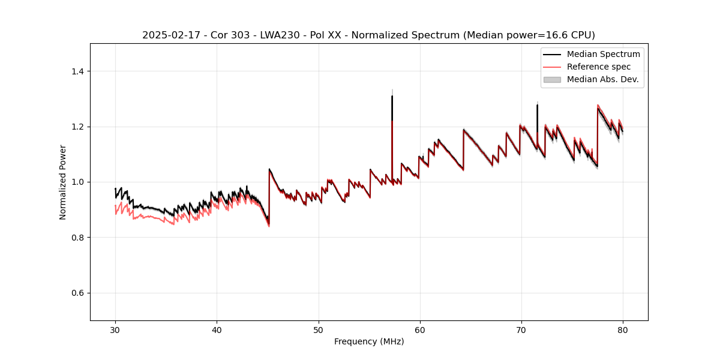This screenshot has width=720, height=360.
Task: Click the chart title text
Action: coord(368,35)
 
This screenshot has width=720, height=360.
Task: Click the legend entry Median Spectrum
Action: coord(603,54)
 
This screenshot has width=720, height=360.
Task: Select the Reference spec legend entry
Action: coord(598,67)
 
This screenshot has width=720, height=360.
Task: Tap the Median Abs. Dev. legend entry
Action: coord(602,79)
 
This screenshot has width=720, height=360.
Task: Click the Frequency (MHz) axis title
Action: coord(369,341)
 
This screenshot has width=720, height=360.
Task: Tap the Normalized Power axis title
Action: coord(63,182)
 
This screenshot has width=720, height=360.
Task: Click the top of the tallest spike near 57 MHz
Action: coord(392,96)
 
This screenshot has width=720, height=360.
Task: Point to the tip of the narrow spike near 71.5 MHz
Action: coord(537,105)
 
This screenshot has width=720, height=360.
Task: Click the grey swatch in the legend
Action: coord(551,79)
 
